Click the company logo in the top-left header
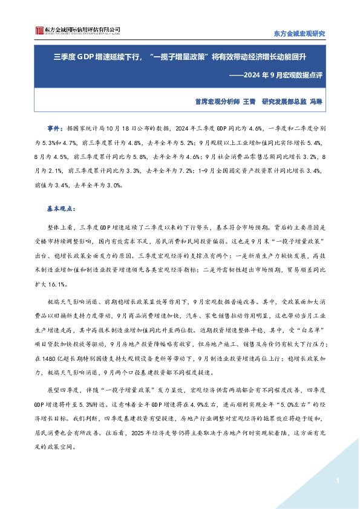click(x=76, y=30)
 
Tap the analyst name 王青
click(x=249, y=103)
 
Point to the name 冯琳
click(x=317, y=103)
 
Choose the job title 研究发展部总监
click(x=283, y=103)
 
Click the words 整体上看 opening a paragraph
click(x=59, y=225)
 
